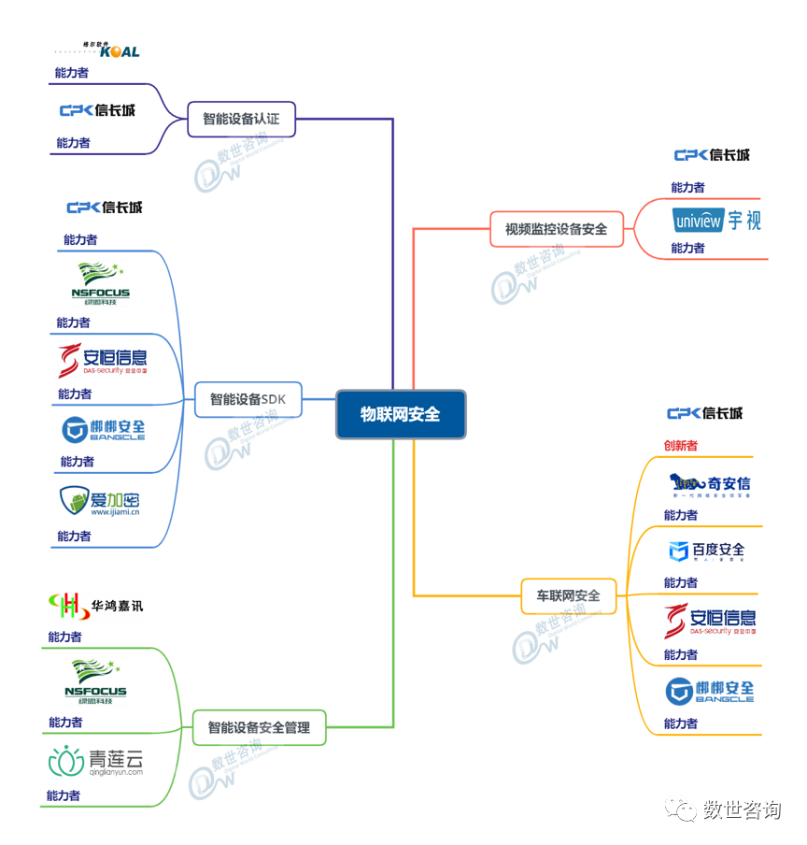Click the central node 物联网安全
401,414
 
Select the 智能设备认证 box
241,119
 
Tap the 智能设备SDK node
248,399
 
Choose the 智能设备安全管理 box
259,726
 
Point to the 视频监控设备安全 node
557,228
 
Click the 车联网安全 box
568,595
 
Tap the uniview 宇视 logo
716,222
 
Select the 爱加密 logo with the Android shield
100,502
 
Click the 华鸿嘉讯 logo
96,606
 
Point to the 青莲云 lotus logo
96,762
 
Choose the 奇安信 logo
710,484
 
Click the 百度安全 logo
707,551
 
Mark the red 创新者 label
680,446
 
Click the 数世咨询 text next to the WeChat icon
742,809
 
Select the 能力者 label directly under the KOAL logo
72,73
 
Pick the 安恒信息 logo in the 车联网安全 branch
710,621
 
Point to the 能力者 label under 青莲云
64,795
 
